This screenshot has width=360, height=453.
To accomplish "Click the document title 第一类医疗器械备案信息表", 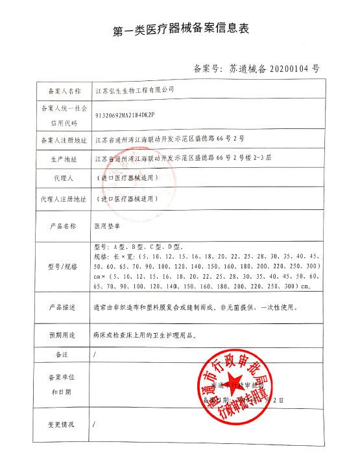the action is (180, 30).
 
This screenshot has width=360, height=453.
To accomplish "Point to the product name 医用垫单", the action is (108, 226).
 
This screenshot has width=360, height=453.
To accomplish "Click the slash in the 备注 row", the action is (95, 355).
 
